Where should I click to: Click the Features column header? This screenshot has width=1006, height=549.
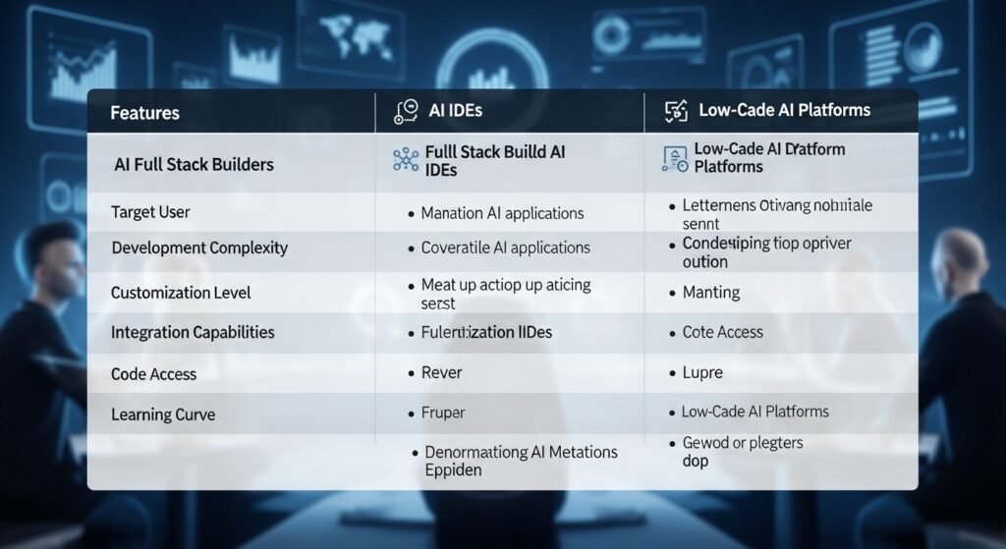144,113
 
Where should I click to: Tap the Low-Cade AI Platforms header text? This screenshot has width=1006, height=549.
784,110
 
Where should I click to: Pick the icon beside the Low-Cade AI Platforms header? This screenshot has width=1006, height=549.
677,111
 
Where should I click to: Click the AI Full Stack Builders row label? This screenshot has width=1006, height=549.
194,164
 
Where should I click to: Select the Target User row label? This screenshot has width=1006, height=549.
150,212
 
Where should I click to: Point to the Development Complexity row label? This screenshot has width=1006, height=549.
199,247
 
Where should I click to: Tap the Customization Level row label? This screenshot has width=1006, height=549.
181,293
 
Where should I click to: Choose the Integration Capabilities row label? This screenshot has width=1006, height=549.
193,333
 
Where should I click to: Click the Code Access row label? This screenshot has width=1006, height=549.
153,374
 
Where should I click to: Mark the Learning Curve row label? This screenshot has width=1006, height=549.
163,414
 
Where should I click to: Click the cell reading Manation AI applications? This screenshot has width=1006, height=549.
502,213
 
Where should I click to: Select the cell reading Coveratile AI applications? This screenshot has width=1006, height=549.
505,247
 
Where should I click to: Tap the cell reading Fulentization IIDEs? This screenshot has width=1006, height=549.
486,332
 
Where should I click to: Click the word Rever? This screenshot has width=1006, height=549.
441,373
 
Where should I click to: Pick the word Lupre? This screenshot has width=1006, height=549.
702,373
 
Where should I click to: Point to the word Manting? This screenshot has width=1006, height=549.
711,293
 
